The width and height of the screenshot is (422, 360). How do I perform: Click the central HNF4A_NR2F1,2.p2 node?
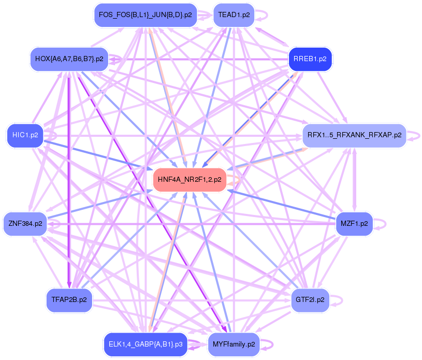tap(190, 180)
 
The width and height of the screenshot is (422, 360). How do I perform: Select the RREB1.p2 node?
tap(310, 59)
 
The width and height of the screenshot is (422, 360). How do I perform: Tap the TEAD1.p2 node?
tap(234, 15)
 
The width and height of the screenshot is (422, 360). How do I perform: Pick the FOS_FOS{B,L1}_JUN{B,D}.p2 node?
tap(145, 15)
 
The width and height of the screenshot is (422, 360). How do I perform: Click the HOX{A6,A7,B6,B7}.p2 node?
tap(69, 59)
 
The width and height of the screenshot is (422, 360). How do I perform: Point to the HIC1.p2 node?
tap(24, 135)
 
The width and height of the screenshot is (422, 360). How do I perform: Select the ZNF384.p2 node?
tap(25, 224)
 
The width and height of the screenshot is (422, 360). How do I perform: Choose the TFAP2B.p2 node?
tap(69, 300)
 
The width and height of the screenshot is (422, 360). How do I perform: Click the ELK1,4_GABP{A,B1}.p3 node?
tap(145, 344)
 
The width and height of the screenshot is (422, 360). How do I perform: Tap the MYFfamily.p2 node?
tap(234, 344)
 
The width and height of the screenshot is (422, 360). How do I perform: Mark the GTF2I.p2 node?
tap(310, 300)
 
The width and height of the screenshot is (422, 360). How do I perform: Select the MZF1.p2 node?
tap(354, 224)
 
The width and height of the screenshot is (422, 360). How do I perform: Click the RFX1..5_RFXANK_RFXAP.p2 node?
tap(354, 135)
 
